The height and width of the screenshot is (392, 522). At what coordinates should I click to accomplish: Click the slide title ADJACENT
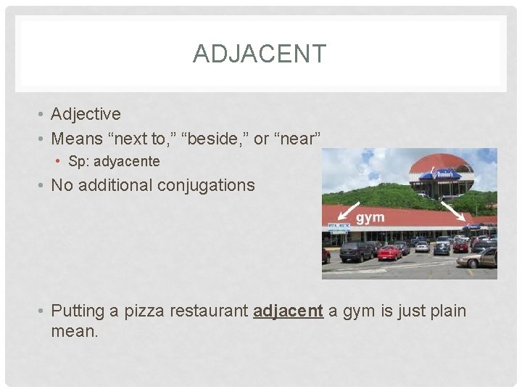tap(260, 54)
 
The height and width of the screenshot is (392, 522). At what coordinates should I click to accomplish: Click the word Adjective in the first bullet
tap(86, 114)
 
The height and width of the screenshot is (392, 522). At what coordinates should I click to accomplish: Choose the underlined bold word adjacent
tap(287, 311)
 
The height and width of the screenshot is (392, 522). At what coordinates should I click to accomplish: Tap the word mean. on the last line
tap(74, 332)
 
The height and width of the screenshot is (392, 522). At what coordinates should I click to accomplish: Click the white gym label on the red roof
tap(370, 217)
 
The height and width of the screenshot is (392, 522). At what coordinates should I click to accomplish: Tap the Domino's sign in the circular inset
tap(439, 174)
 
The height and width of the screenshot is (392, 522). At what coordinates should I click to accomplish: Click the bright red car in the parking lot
tap(389, 252)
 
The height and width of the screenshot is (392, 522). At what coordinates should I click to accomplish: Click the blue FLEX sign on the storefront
tap(338, 226)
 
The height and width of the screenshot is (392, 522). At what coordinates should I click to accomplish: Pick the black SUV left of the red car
tap(356, 251)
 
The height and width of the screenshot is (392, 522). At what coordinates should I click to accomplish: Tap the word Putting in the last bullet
tap(78, 311)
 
